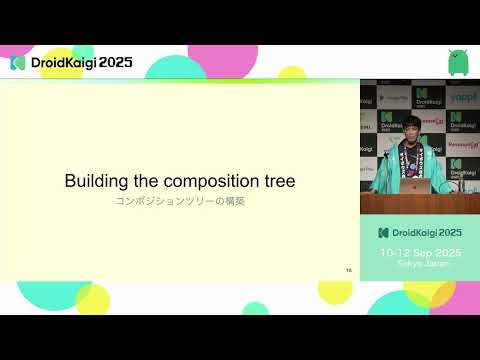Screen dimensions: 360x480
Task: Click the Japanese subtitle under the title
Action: tap(180, 201)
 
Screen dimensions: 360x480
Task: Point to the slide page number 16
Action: tap(349, 270)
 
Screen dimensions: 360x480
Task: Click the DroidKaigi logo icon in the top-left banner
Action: tap(17, 63)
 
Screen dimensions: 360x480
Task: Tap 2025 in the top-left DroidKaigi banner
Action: tap(112, 63)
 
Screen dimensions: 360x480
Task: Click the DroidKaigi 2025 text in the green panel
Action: tap(426, 232)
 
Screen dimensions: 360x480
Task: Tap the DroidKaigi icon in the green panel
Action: tap(383, 232)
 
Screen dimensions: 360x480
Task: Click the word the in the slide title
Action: tap(150, 182)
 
